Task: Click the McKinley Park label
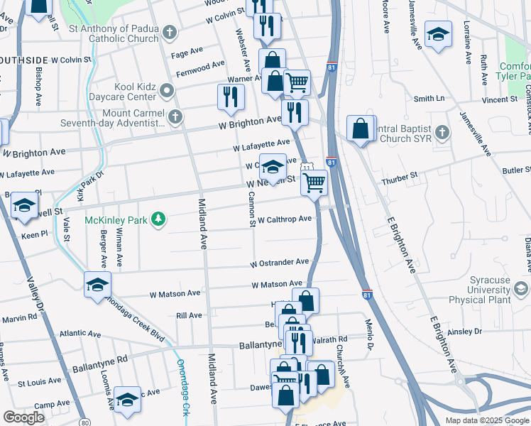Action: coord(116,220)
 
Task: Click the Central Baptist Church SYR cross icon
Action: coord(442,132)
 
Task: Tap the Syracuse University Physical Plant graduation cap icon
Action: coord(521,289)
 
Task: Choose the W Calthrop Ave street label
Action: coord(285,219)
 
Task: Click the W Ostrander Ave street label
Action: coord(279,263)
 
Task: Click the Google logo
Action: coord(23,417)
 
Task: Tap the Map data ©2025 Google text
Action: coord(486,420)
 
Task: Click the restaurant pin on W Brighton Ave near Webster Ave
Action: coord(231,97)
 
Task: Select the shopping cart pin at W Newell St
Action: coord(314,182)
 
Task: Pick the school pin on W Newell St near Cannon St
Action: coord(273,168)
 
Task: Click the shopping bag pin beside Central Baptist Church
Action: coord(361,129)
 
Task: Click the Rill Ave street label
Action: coord(189,315)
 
